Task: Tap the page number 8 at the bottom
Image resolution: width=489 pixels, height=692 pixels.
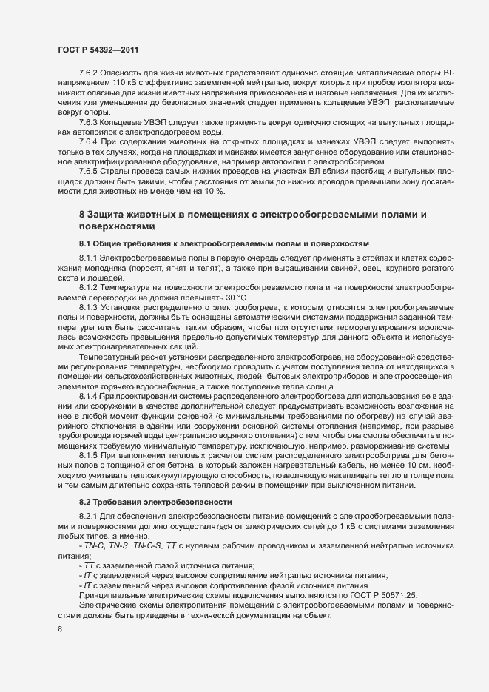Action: [59, 629]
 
